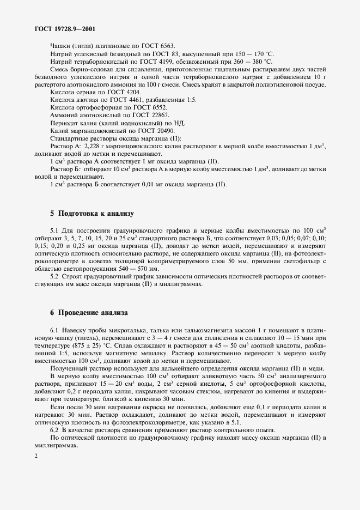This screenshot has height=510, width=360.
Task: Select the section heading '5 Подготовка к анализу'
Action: (x=91, y=213)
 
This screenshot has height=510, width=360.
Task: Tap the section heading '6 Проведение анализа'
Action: (x=89, y=313)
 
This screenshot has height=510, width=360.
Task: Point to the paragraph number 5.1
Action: (x=56, y=230)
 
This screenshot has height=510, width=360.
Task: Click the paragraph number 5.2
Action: (x=56, y=277)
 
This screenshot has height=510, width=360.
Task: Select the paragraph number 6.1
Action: (x=56, y=331)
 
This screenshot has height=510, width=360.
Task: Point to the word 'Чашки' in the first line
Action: (x=60, y=46)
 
